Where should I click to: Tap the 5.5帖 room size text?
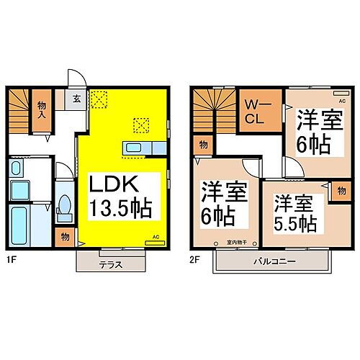pyautogui.click(x=296, y=223)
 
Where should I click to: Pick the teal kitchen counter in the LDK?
pyautogui.click(x=138, y=148)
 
